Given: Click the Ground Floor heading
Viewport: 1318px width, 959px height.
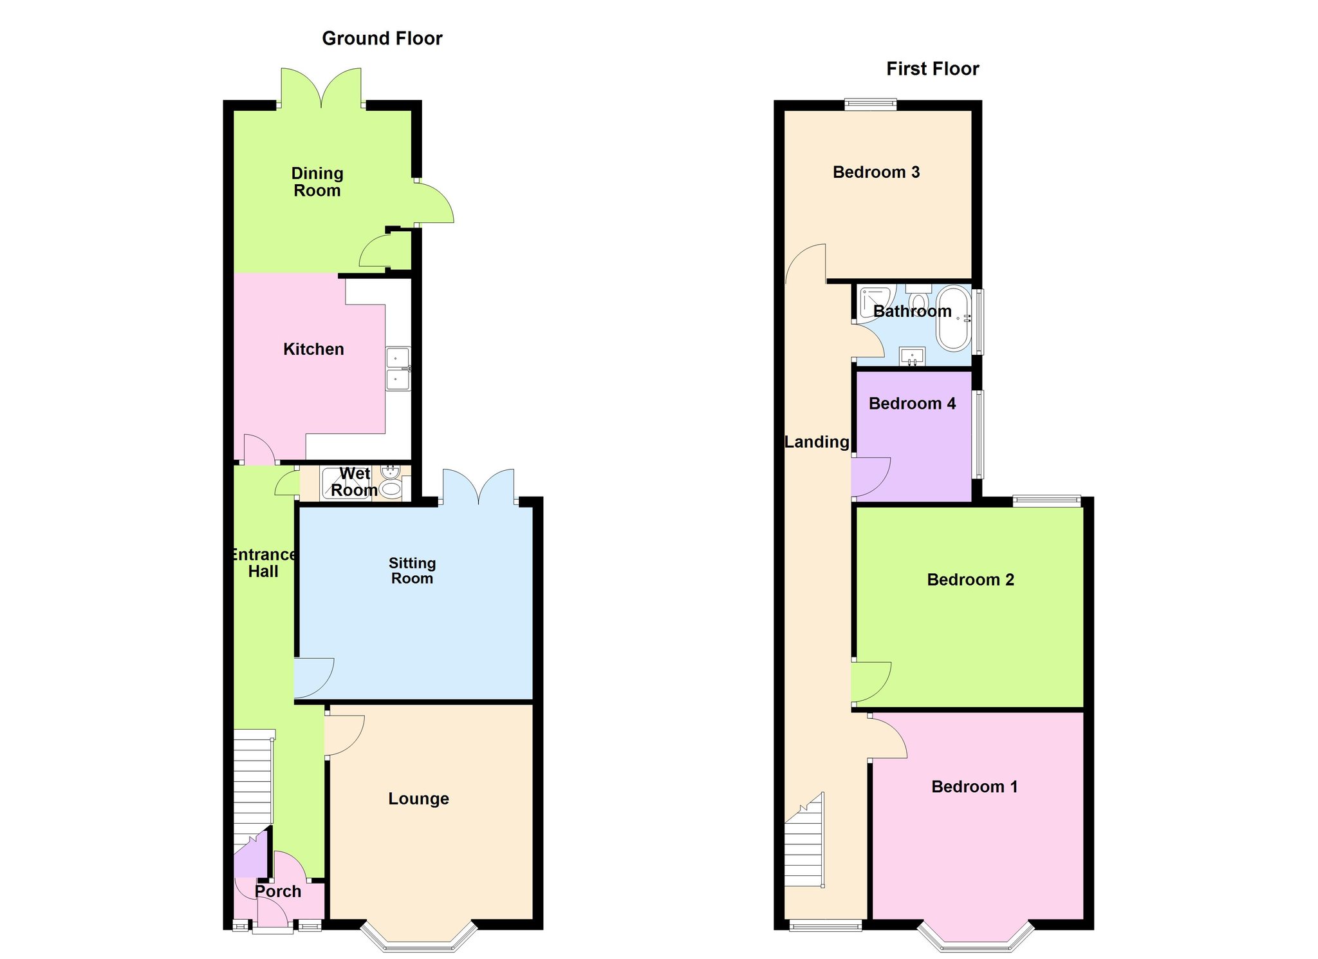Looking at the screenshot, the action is pos(382,39).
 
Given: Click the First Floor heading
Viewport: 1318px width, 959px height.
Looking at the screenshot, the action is pos(933,69).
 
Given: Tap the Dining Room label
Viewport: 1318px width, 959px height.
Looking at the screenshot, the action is pos(317,182).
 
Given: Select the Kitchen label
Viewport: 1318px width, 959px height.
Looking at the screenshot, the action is pos(313,349).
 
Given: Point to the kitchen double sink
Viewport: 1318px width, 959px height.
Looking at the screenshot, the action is pos(398,369).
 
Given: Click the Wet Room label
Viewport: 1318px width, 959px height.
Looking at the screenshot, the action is pos(354,482).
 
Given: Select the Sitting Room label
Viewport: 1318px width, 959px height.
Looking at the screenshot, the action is pos(413,571).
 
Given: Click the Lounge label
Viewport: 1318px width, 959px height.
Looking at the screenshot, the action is pos(418,799).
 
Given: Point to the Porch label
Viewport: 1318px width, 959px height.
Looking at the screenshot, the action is pos(278,891).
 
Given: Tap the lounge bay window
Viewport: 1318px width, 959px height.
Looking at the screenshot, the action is pos(419,940).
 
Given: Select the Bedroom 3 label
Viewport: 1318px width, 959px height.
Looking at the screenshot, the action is pos(876,172).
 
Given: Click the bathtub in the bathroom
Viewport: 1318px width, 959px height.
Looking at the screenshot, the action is pos(954,318).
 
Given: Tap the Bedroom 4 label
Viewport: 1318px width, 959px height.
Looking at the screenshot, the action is pos(912,403).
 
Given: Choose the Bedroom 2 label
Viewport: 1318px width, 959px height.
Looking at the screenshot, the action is pos(970,580).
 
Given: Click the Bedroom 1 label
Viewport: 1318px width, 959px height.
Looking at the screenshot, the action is pos(974,786).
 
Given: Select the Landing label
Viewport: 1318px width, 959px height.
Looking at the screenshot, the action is pos(817,442).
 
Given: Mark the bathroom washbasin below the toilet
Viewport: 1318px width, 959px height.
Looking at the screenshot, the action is pos(912,356).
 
